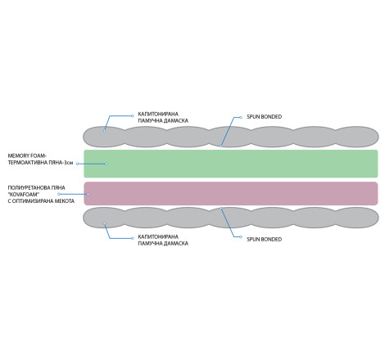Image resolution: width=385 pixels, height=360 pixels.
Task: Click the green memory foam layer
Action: click(x=231, y=164)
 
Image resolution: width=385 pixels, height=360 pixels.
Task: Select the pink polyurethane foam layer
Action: click(x=231, y=193)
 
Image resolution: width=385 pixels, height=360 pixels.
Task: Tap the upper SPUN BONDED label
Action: click(x=264, y=117)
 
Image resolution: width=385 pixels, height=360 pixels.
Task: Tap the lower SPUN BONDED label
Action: click(x=264, y=240)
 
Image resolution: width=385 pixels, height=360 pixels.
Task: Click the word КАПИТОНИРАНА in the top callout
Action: click(x=158, y=114)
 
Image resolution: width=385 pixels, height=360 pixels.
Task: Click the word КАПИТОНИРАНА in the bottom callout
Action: click(x=158, y=236)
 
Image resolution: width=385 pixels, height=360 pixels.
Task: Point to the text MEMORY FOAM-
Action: click(x=27, y=156)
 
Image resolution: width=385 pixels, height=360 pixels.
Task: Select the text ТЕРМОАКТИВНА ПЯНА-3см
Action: click(x=40, y=163)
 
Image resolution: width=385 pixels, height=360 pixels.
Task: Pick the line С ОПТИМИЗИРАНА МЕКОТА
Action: click(x=41, y=201)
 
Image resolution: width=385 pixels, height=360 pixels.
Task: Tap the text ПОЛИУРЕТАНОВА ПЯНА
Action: click(x=36, y=187)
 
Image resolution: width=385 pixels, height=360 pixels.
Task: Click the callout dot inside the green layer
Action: click(x=106, y=164)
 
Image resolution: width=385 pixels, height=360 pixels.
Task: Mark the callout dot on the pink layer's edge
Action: click(x=88, y=194)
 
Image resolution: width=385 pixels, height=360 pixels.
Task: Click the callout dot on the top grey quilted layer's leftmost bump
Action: click(x=104, y=130)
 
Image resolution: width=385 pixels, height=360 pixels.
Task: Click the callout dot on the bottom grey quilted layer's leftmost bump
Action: click(x=104, y=224)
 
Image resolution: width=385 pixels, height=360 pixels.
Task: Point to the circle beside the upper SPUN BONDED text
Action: click(x=241, y=117)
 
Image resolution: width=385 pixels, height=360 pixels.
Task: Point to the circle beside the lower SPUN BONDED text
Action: click(x=241, y=236)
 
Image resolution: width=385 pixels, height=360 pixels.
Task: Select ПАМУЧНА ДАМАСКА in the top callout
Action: click(x=163, y=121)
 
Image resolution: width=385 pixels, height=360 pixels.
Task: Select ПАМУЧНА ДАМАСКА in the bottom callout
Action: click(x=163, y=244)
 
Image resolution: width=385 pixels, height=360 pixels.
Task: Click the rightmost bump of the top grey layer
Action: click(x=356, y=137)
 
